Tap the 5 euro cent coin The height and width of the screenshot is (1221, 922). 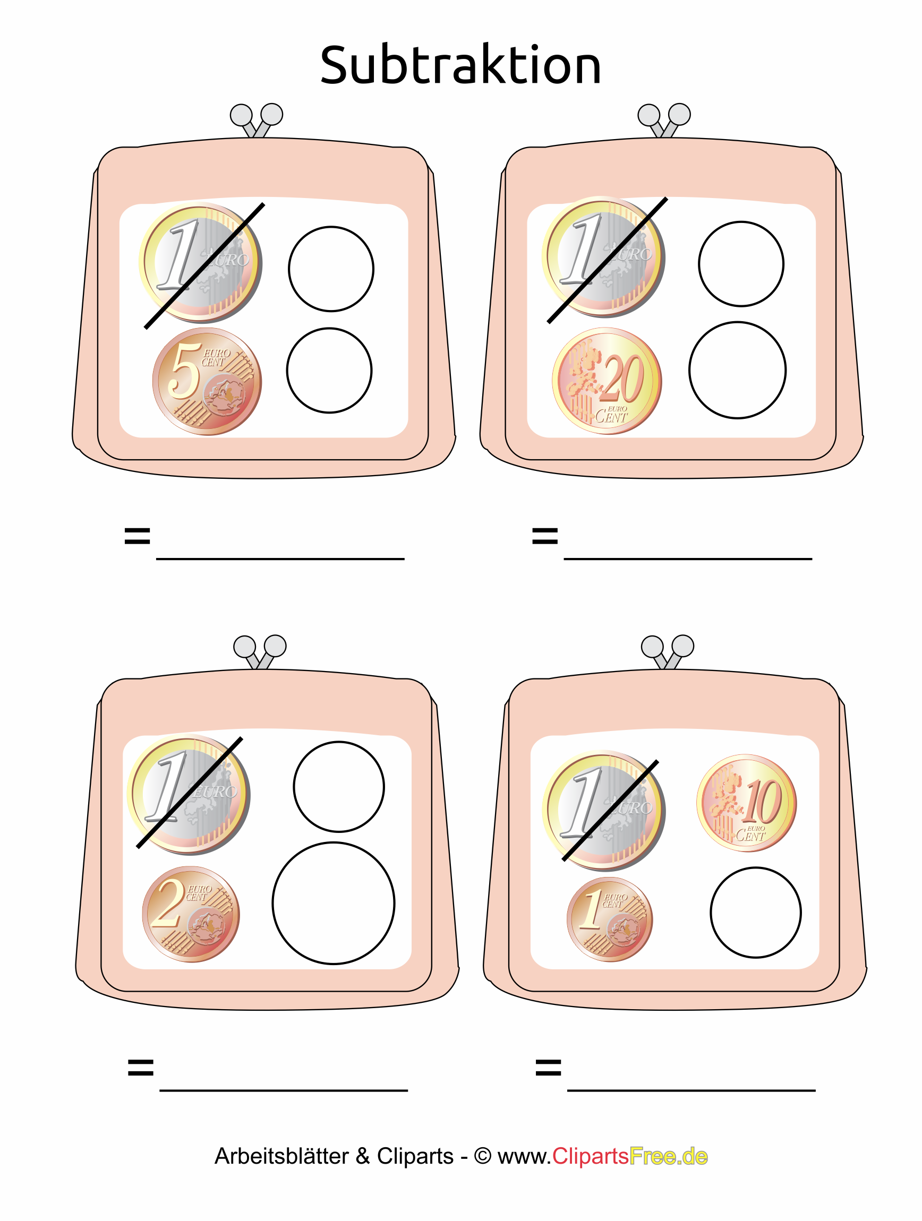[x=207, y=381]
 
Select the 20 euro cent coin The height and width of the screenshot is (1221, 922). [x=607, y=381]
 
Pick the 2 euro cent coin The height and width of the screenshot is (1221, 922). [x=191, y=914]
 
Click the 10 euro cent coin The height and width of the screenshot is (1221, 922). [x=746, y=803]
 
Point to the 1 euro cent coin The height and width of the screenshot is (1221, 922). [x=610, y=919]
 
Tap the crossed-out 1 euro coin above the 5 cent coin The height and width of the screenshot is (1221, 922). [x=200, y=263]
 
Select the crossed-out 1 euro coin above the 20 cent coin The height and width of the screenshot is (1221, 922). [x=603, y=256]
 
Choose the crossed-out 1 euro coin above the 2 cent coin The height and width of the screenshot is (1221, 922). [x=188, y=795]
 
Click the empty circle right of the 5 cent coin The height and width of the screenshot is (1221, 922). [x=329, y=371]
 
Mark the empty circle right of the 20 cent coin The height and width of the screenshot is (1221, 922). [x=737, y=370]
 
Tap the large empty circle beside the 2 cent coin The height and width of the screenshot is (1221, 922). [x=334, y=903]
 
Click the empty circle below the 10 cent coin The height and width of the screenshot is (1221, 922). [x=755, y=913]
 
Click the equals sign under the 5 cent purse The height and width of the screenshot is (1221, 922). [x=138, y=536]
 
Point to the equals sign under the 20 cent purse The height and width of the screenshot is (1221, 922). [x=545, y=536]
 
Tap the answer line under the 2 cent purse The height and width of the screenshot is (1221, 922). [x=284, y=1091]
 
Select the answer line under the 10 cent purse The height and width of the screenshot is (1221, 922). [x=691, y=1091]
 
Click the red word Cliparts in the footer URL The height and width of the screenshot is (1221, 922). [x=590, y=1156]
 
